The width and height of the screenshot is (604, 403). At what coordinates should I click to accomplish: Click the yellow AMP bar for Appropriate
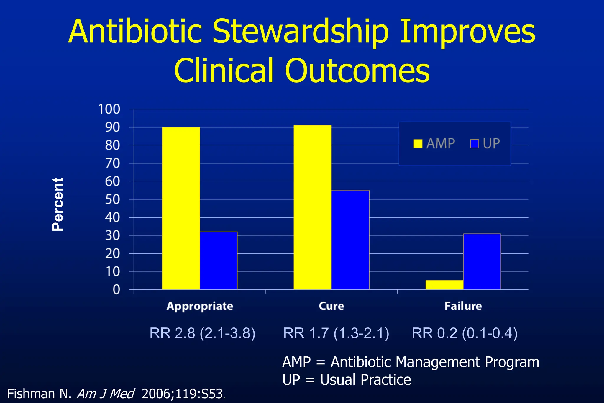181,208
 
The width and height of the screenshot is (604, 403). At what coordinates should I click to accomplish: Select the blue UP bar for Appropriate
219,261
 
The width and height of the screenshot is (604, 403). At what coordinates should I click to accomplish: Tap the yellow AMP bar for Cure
312,207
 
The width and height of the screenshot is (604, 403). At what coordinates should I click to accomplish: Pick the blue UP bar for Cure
350,240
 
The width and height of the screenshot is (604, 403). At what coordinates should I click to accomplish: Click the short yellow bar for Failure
444,285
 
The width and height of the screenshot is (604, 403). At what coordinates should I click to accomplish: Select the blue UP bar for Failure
482,261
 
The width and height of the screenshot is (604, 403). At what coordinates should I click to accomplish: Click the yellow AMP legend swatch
418,144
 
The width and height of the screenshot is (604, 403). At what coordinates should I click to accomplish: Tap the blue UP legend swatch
474,144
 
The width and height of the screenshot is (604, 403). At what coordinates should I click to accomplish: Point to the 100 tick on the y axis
109,109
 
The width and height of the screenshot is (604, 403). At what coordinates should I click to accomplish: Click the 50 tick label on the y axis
112,199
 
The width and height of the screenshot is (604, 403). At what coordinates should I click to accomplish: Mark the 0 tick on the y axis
116,290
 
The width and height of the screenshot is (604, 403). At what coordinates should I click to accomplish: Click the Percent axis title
58,204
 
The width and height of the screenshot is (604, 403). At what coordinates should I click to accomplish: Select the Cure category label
331,306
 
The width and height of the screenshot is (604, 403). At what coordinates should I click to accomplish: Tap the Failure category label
463,306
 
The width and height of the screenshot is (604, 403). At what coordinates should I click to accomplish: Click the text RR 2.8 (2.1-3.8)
202,333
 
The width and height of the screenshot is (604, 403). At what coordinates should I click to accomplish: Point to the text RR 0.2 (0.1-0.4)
465,333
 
